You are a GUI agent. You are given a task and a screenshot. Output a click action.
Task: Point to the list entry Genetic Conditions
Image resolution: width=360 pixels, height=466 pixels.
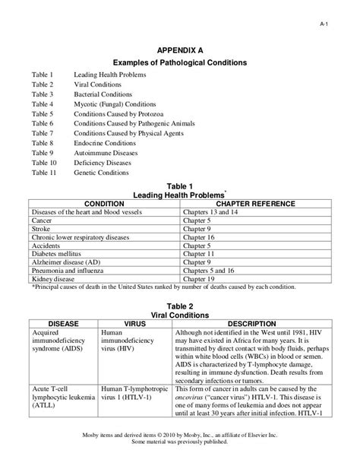pos(101,173)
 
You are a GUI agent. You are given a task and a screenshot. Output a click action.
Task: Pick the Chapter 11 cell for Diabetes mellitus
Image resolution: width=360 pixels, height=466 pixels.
pos(200,254)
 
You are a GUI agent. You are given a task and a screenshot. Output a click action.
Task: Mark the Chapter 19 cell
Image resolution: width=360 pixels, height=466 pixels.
pos(200,279)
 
